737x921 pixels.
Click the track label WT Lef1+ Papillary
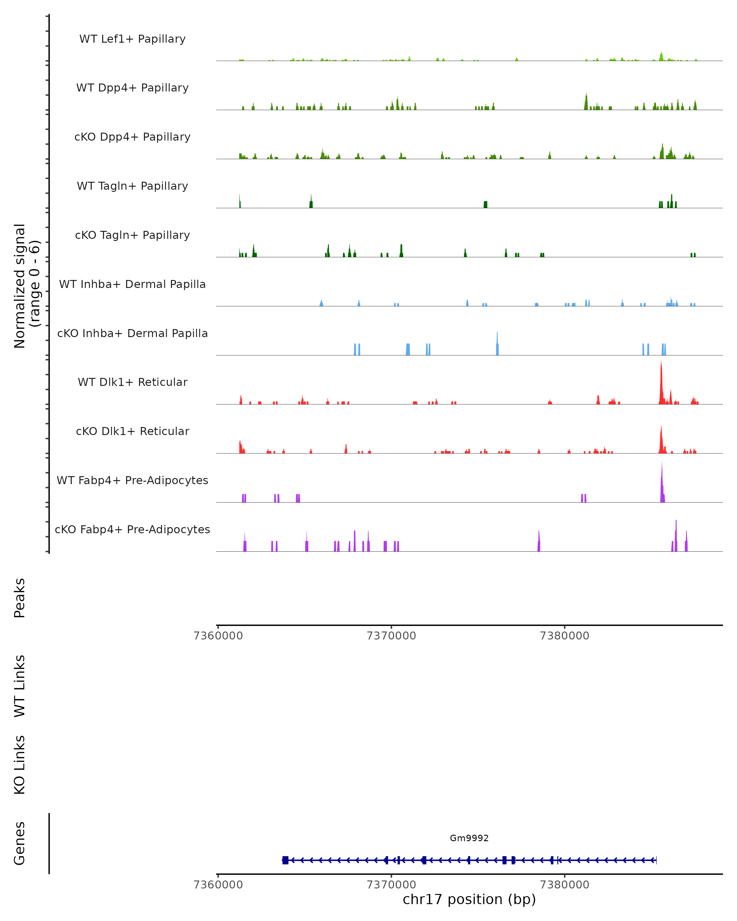coord(132,39)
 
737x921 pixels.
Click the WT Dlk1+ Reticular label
coord(132,382)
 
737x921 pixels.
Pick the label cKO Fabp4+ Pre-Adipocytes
coord(132,529)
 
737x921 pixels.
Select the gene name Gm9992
coord(469,838)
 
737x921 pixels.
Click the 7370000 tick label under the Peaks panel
coord(391,636)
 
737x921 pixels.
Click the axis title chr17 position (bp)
coord(469,899)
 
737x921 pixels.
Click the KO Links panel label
coord(20,765)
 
